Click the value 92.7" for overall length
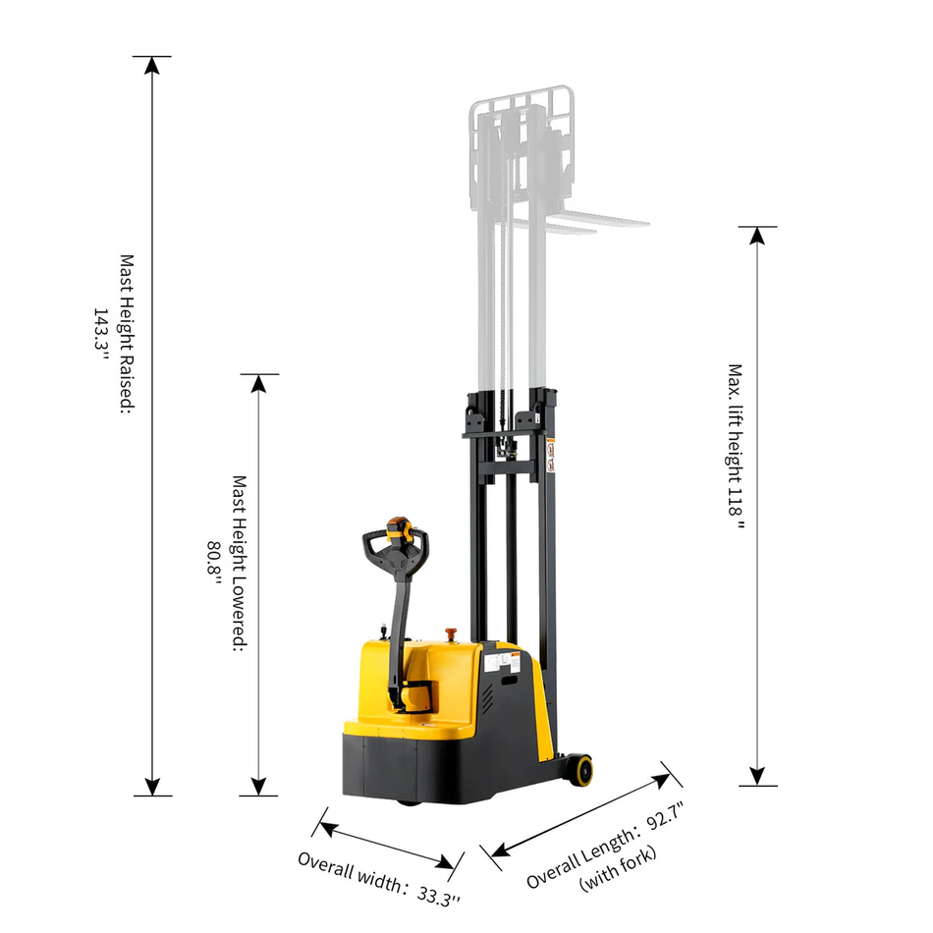pyautogui.click(x=664, y=817)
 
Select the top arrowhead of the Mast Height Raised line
pyautogui.click(x=151, y=66)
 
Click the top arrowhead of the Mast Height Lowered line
pyautogui.click(x=259, y=383)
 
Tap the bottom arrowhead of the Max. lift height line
pyautogui.click(x=757, y=777)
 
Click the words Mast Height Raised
pyautogui.click(x=127, y=334)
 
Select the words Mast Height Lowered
pyautogui.click(x=239, y=564)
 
